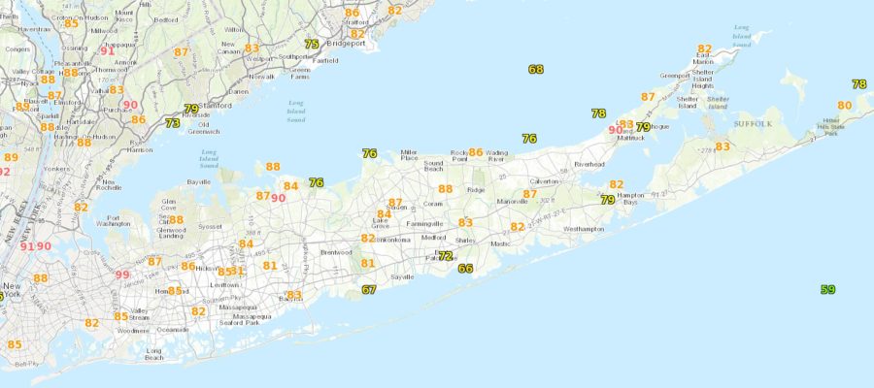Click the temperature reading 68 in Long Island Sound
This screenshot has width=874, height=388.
click(536, 69)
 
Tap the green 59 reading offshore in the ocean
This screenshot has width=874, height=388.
click(827, 289)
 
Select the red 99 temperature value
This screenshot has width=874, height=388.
click(121, 275)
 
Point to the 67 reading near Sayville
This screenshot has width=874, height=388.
click(369, 289)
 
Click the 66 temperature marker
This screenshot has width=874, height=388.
click(465, 269)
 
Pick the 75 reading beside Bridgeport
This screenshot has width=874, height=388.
click(312, 45)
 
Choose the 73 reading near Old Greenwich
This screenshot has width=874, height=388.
click(172, 123)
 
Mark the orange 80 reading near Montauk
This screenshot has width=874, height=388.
click(844, 105)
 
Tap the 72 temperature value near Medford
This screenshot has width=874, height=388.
click(445, 256)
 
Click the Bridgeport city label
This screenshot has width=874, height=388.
click(347, 45)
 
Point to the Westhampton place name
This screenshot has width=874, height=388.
click(583, 229)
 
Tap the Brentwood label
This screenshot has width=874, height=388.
click(337, 252)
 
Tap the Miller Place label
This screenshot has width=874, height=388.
click(409, 156)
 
